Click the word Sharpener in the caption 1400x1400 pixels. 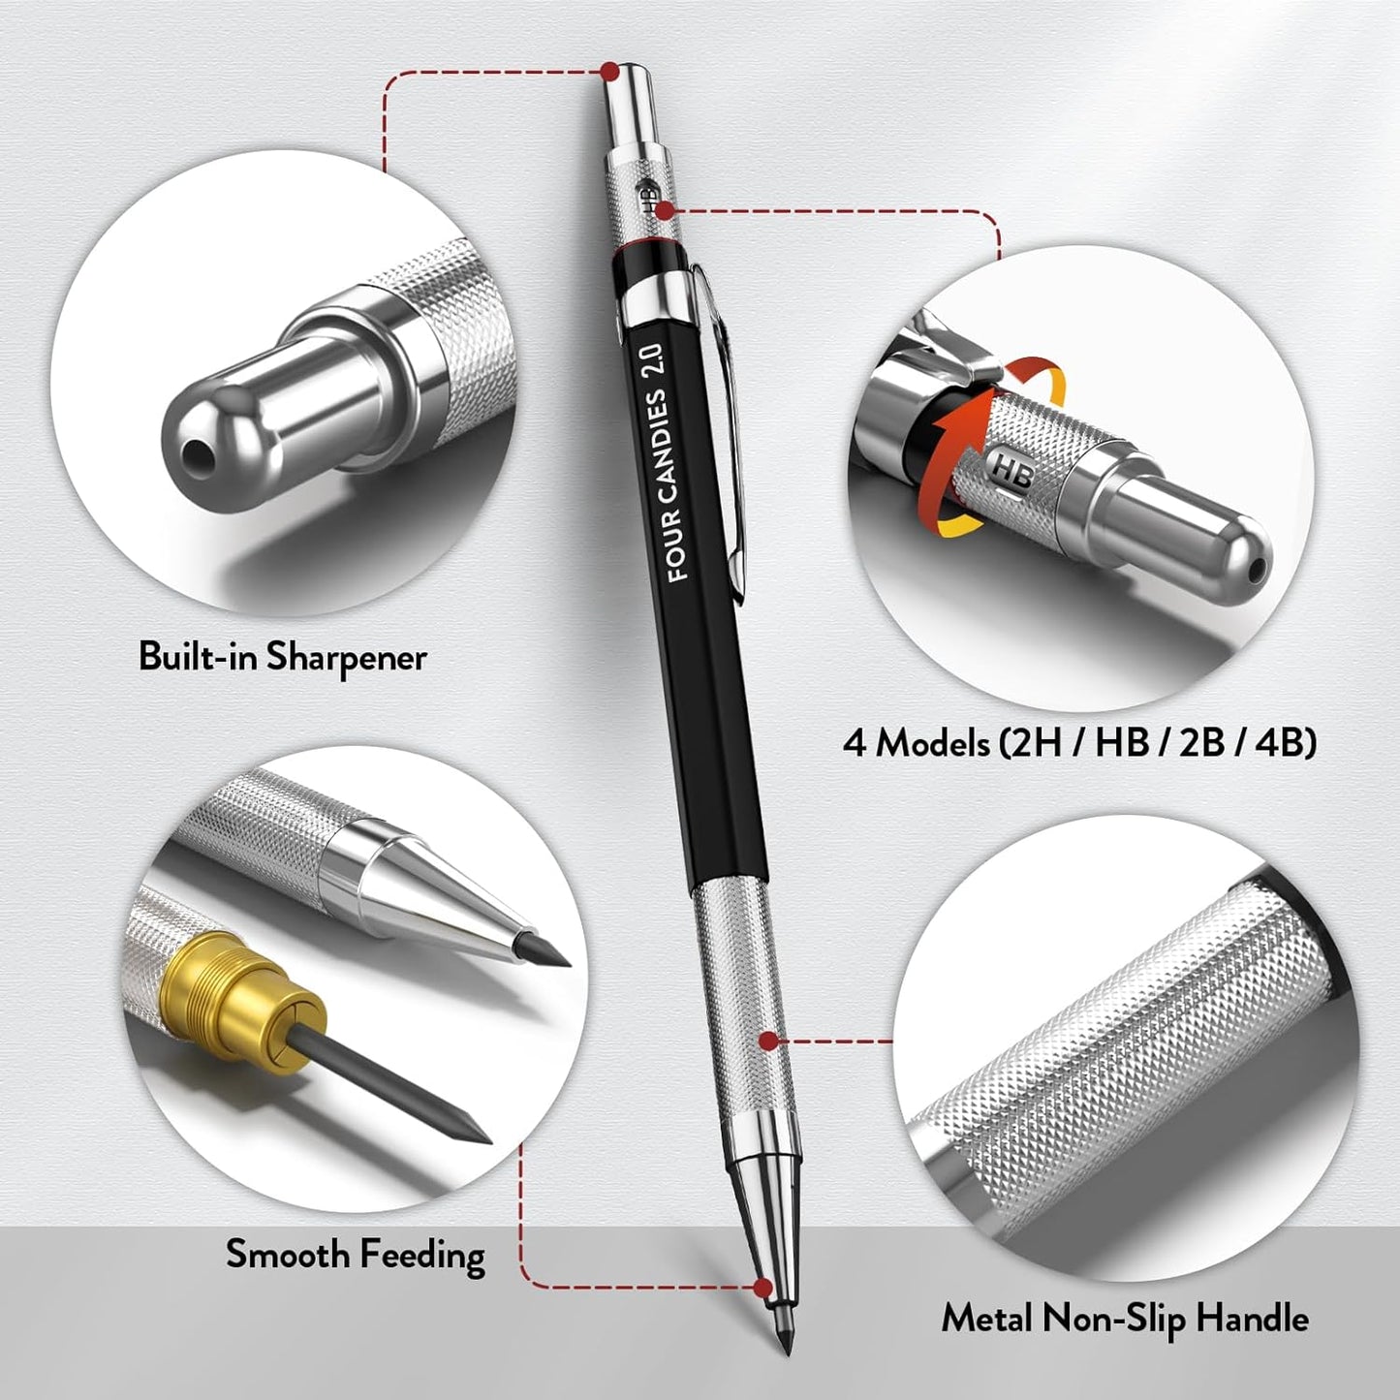(x=346, y=658)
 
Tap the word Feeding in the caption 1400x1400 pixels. (x=421, y=1256)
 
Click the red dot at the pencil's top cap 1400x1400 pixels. (x=609, y=71)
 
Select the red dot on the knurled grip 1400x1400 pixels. (x=767, y=1042)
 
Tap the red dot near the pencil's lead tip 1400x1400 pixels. (x=763, y=1288)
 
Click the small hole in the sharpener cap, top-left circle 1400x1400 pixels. (x=198, y=451)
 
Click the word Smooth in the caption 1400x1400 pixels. (x=288, y=1256)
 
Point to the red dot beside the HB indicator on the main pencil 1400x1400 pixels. (x=665, y=209)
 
